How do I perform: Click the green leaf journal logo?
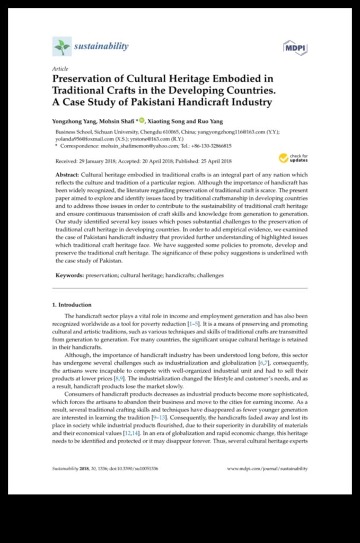tap(62, 46)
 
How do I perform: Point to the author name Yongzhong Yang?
tap(74, 122)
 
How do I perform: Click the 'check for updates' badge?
tap(293, 157)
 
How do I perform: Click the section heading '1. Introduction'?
tap(72, 305)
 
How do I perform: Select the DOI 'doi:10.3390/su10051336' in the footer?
tap(139, 469)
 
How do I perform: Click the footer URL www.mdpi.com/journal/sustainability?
tap(267, 469)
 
